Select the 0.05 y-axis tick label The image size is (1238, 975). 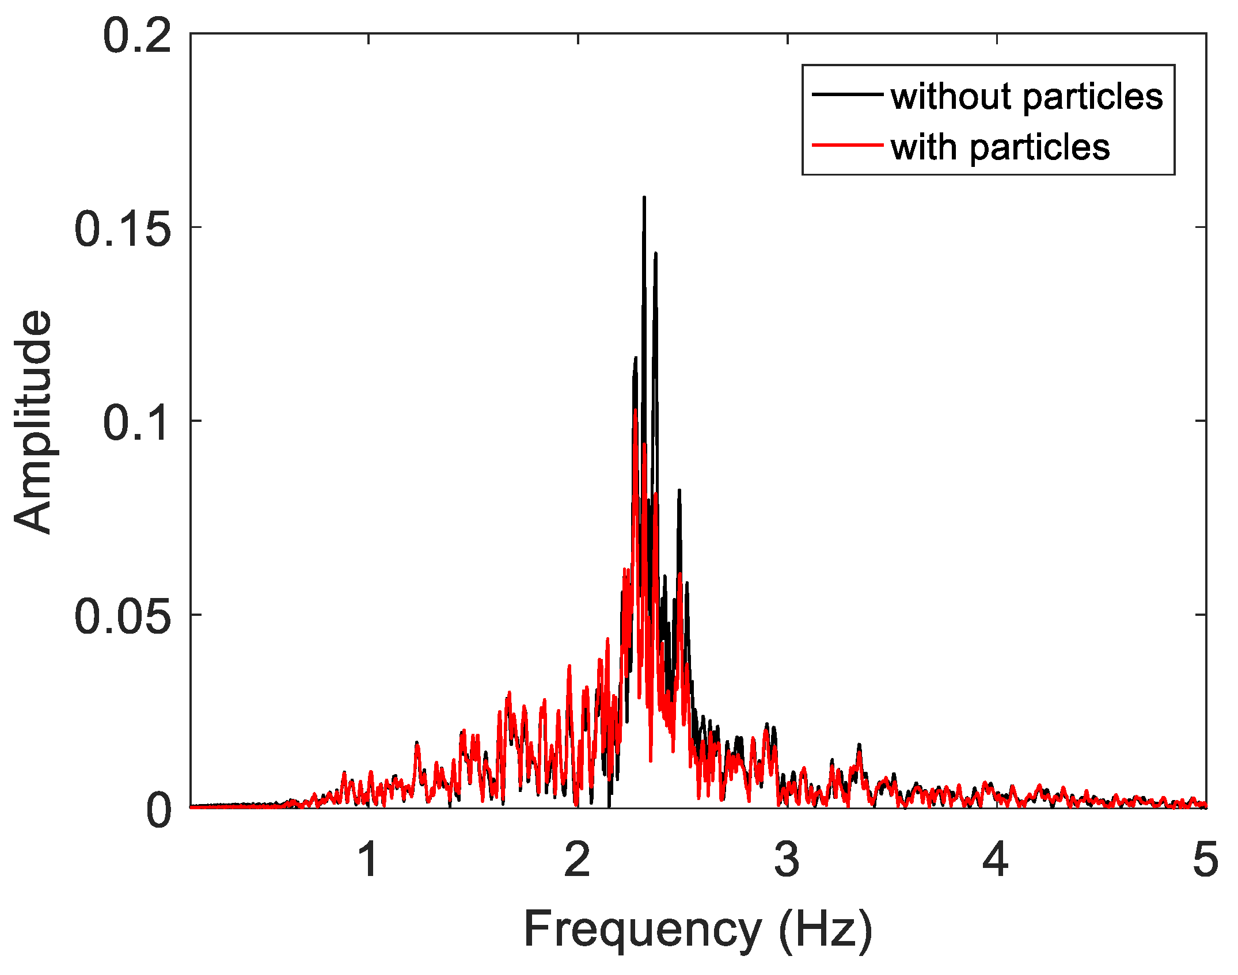123,617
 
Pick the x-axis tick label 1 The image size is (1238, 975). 369,860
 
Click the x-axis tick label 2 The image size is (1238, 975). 578,860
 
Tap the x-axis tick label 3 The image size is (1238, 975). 787,860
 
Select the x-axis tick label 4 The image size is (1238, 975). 996,860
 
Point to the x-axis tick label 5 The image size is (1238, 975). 1205,860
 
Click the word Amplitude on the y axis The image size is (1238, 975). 33,422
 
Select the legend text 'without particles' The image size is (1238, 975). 1027,96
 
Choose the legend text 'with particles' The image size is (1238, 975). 1000,147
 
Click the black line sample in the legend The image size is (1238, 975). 847,94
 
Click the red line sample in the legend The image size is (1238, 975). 847,145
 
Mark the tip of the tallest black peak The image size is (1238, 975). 644,198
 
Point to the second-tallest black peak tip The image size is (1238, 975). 655,254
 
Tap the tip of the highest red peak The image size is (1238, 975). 635,410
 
